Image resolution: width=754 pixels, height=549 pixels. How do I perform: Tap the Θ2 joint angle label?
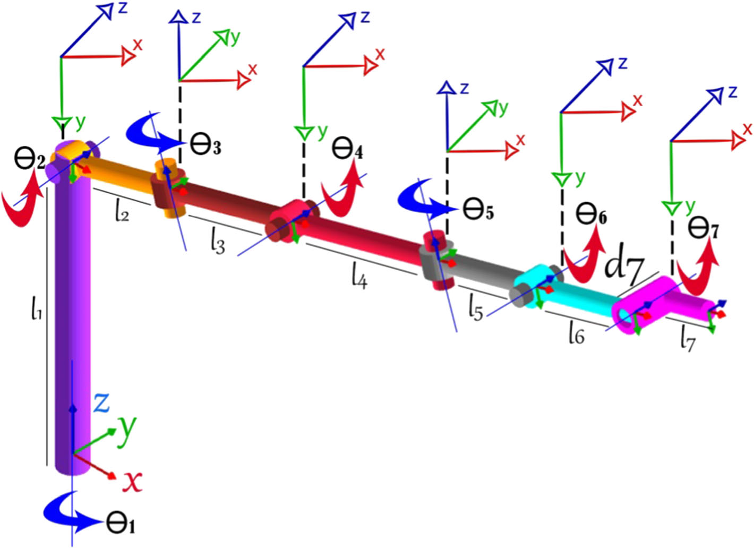pos(29,163)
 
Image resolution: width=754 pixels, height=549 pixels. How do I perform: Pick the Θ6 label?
pos(592,216)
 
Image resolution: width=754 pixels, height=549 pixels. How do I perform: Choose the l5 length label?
pos(476,309)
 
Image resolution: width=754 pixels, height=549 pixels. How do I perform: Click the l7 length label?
pos(687,341)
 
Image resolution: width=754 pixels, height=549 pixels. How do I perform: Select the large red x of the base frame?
pos(132,482)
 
